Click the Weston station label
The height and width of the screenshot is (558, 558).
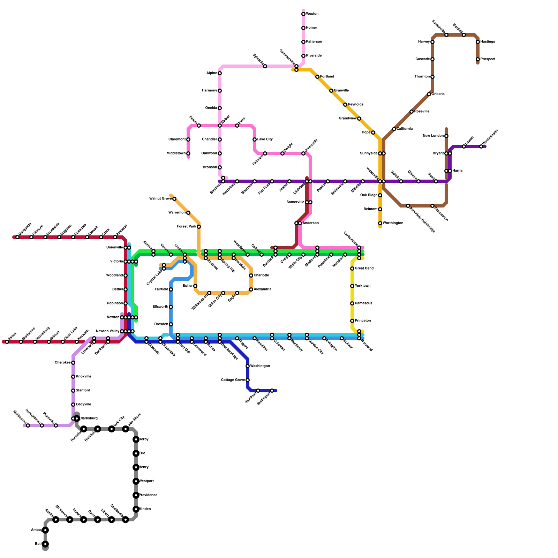tap(312, 14)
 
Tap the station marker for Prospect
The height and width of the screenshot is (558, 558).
tap(478, 59)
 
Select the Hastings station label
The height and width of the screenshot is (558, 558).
tap(488, 42)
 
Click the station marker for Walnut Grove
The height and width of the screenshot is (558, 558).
tap(174, 199)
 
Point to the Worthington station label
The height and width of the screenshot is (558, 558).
tap(393, 223)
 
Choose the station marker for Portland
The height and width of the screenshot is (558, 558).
tap(317, 77)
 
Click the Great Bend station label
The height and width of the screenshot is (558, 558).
tap(364, 269)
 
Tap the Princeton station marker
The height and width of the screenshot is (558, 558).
tap(352, 321)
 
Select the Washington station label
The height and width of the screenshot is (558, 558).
tap(260, 366)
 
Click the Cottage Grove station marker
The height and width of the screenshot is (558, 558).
tap(248, 380)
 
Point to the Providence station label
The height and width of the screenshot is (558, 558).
tap(148, 495)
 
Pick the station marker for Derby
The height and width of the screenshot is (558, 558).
tap(136, 439)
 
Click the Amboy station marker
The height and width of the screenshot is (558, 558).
tap(45, 530)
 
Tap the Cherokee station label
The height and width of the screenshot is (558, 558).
tap(63, 363)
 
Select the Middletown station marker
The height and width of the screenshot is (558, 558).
tap(188, 153)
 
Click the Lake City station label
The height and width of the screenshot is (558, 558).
tap(265, 139)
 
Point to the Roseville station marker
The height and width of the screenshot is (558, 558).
tap(412, 112)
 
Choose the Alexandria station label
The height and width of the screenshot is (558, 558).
tap(262, 289)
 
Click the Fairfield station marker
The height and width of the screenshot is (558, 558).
tap(171, 289)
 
